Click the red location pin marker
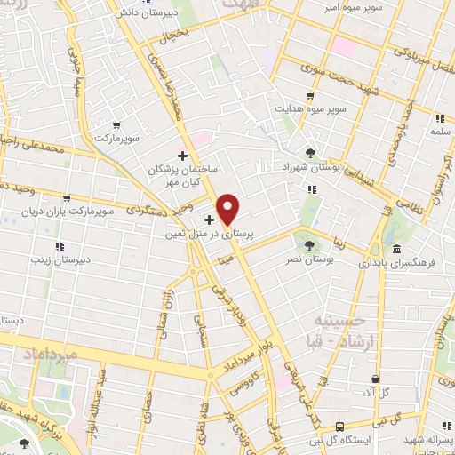(x=228, y=209)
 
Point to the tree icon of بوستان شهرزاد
(x=310, y=152)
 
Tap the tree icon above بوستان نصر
(x=308, y=243)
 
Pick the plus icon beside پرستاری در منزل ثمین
(x=209, y=220)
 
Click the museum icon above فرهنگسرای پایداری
(x=395, y=248)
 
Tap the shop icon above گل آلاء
(x=377, y=379)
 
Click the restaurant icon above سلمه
(x=439, y=118)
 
